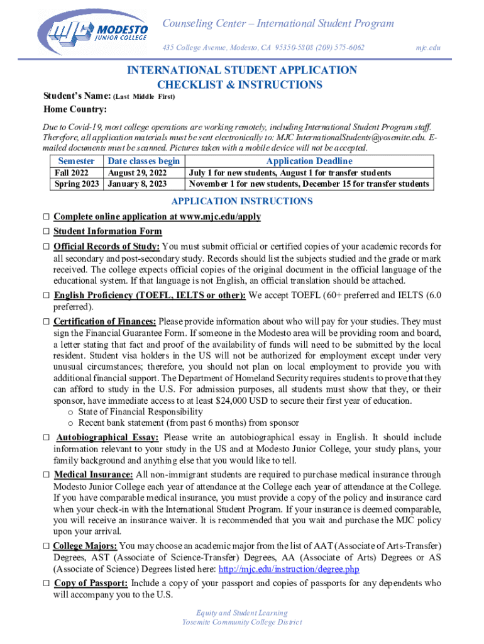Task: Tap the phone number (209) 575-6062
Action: click(342, 48)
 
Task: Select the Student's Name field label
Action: click(76, 96)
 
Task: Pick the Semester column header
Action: click(76, 161)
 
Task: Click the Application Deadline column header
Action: click(309, 161)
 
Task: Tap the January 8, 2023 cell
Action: click(137, 184)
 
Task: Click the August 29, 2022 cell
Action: click(137, 173)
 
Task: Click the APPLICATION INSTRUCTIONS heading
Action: click(241, 201)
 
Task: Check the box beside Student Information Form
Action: click(46, 231)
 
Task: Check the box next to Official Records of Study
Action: click(46, 247)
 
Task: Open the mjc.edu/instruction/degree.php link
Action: click(289, 569)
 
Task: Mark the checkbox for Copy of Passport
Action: click(46, 584)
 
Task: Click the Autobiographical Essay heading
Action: click(107, 437)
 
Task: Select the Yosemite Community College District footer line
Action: click(241, 622)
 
